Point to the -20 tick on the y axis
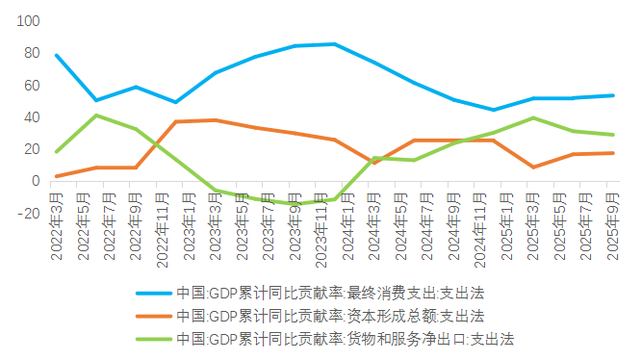27,214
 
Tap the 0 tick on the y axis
35,181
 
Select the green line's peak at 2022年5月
95,116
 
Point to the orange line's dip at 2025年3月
532,167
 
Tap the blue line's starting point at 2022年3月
57,55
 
